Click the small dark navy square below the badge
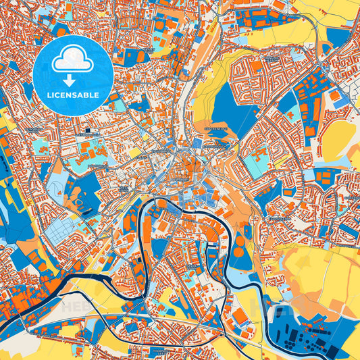(x=87, y=130)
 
